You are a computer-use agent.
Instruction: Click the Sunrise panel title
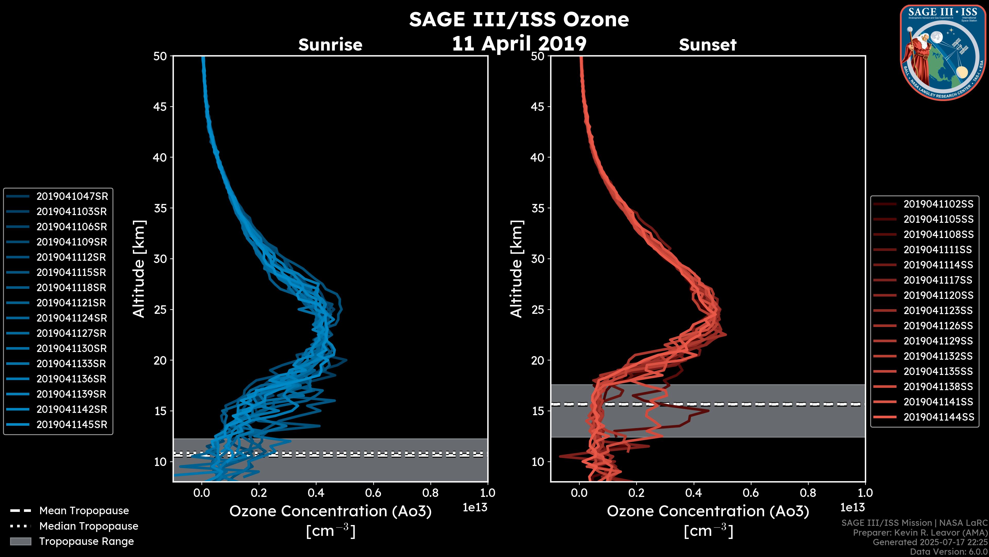pos(330,45)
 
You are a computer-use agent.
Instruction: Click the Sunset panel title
pos(707,45)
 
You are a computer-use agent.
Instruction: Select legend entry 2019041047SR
pos(72,196)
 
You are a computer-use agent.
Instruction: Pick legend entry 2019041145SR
pos(72,424)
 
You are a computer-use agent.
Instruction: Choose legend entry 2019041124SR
pos(72,318)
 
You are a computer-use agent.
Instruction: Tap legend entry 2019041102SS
pos(938,204)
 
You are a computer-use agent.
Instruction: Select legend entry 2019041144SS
pos(938,417)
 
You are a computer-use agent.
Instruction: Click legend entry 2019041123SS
pos(938,310)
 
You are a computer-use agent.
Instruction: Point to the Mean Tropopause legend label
pos(84,511)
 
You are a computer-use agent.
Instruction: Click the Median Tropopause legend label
pos(89,526)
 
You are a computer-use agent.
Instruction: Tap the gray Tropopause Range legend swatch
pos(20,541)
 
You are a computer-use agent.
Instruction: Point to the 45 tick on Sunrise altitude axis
pos(160,107)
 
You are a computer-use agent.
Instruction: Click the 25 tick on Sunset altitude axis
pos(538,309)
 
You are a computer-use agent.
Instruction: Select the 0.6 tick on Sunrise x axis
pos(373,493)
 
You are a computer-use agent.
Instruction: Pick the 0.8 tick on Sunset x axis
pos(808,493)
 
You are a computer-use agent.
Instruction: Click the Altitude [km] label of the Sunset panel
pos(516,269)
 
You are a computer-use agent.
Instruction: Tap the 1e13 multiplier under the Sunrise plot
pos(474,507)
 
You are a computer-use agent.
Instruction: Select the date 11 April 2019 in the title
pos(519,43)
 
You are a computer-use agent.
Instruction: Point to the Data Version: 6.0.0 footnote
pos(949,552)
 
